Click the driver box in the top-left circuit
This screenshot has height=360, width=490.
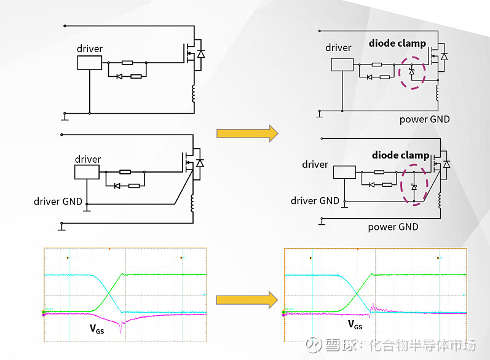89,62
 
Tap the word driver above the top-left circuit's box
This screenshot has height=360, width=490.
90,49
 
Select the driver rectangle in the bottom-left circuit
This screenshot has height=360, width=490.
87,171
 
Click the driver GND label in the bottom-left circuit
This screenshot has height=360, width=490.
58,201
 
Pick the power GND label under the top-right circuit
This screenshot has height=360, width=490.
425,119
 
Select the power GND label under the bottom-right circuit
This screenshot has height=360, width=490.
393,227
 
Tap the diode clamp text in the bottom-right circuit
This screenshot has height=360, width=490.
400,155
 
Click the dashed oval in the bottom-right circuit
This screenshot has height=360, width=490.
414,184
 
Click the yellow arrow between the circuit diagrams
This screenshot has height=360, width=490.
243,133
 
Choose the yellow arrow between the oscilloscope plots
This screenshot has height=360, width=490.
243,299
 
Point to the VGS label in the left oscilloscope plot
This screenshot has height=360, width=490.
97,329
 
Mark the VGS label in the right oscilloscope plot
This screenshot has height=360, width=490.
355,324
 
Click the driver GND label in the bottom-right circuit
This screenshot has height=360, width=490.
315,201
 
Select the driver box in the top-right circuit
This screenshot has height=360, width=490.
341,65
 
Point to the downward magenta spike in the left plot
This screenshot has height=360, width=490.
122,329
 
